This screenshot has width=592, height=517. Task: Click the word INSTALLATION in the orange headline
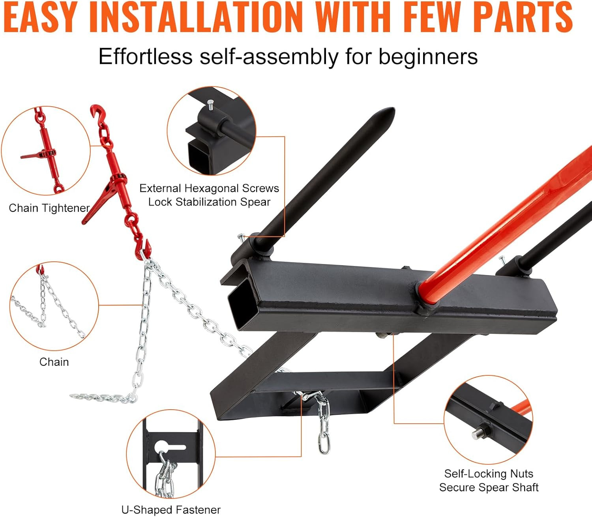pos(196,17)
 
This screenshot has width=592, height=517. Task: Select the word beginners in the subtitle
pos(428,56)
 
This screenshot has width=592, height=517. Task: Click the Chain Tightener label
pos(49,208)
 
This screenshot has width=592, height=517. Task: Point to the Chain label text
pos(54,362)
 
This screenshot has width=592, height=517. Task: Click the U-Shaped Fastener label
pos(171,510)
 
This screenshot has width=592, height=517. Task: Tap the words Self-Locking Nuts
pos(489,474)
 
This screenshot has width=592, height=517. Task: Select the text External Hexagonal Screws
pos(209,188)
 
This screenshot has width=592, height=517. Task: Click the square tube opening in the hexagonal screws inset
pos(199,157)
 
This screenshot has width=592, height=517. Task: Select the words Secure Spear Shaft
pos(489,487)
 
